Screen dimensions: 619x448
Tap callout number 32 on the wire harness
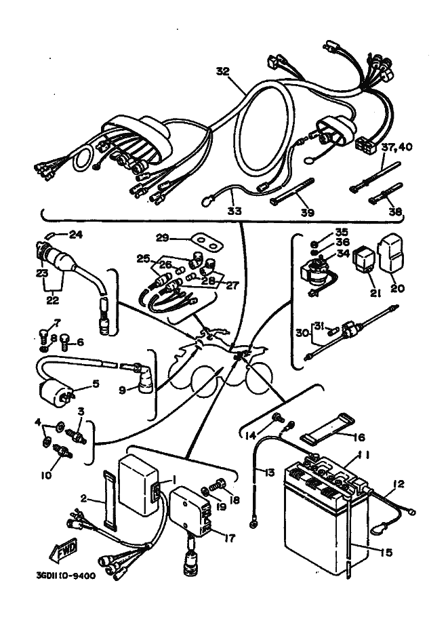tap(224, 71)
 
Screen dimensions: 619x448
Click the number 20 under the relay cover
tap(397, 288)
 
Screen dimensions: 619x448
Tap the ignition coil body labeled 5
tap(56, 393)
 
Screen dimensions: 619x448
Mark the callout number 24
tap(76, 235)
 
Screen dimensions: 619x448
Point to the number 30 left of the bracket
tap(302, 334)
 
